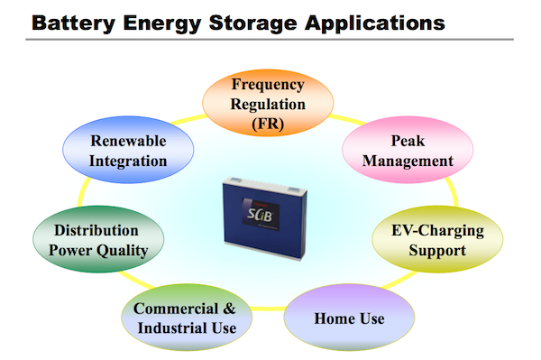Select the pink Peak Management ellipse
(x=408, y=151)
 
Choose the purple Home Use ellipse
(x=348, y=318)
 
